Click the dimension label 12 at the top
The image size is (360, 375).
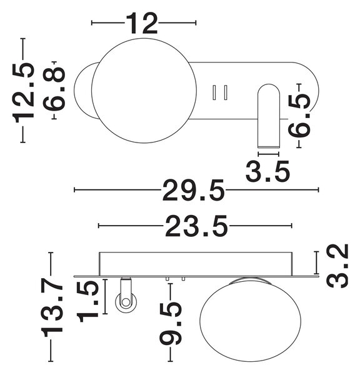(141, 23)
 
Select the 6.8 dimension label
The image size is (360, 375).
(54, 89)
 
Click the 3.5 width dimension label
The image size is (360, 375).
(267, 171)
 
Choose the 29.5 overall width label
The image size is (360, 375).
(194, 190)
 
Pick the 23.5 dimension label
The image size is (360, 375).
(196, 226)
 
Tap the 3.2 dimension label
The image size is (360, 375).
(337, 266)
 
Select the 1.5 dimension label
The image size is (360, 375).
(87, 301)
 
